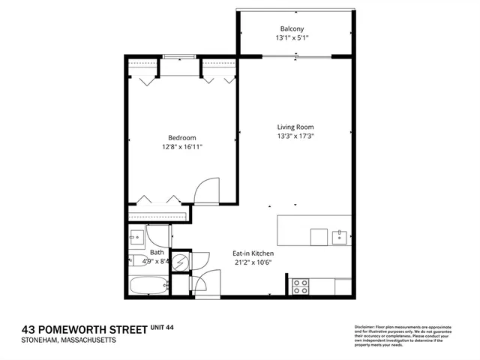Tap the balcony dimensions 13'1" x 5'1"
(292, 37)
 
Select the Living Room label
(292, 127)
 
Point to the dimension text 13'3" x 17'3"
(292, 136)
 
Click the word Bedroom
(181, 137)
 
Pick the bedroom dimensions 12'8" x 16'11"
(181, 147)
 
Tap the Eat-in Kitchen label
(251, 253)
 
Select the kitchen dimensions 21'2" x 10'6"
(251, 262)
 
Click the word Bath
(157, 253)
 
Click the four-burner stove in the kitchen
(300, 286)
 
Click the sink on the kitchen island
(339, 237)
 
